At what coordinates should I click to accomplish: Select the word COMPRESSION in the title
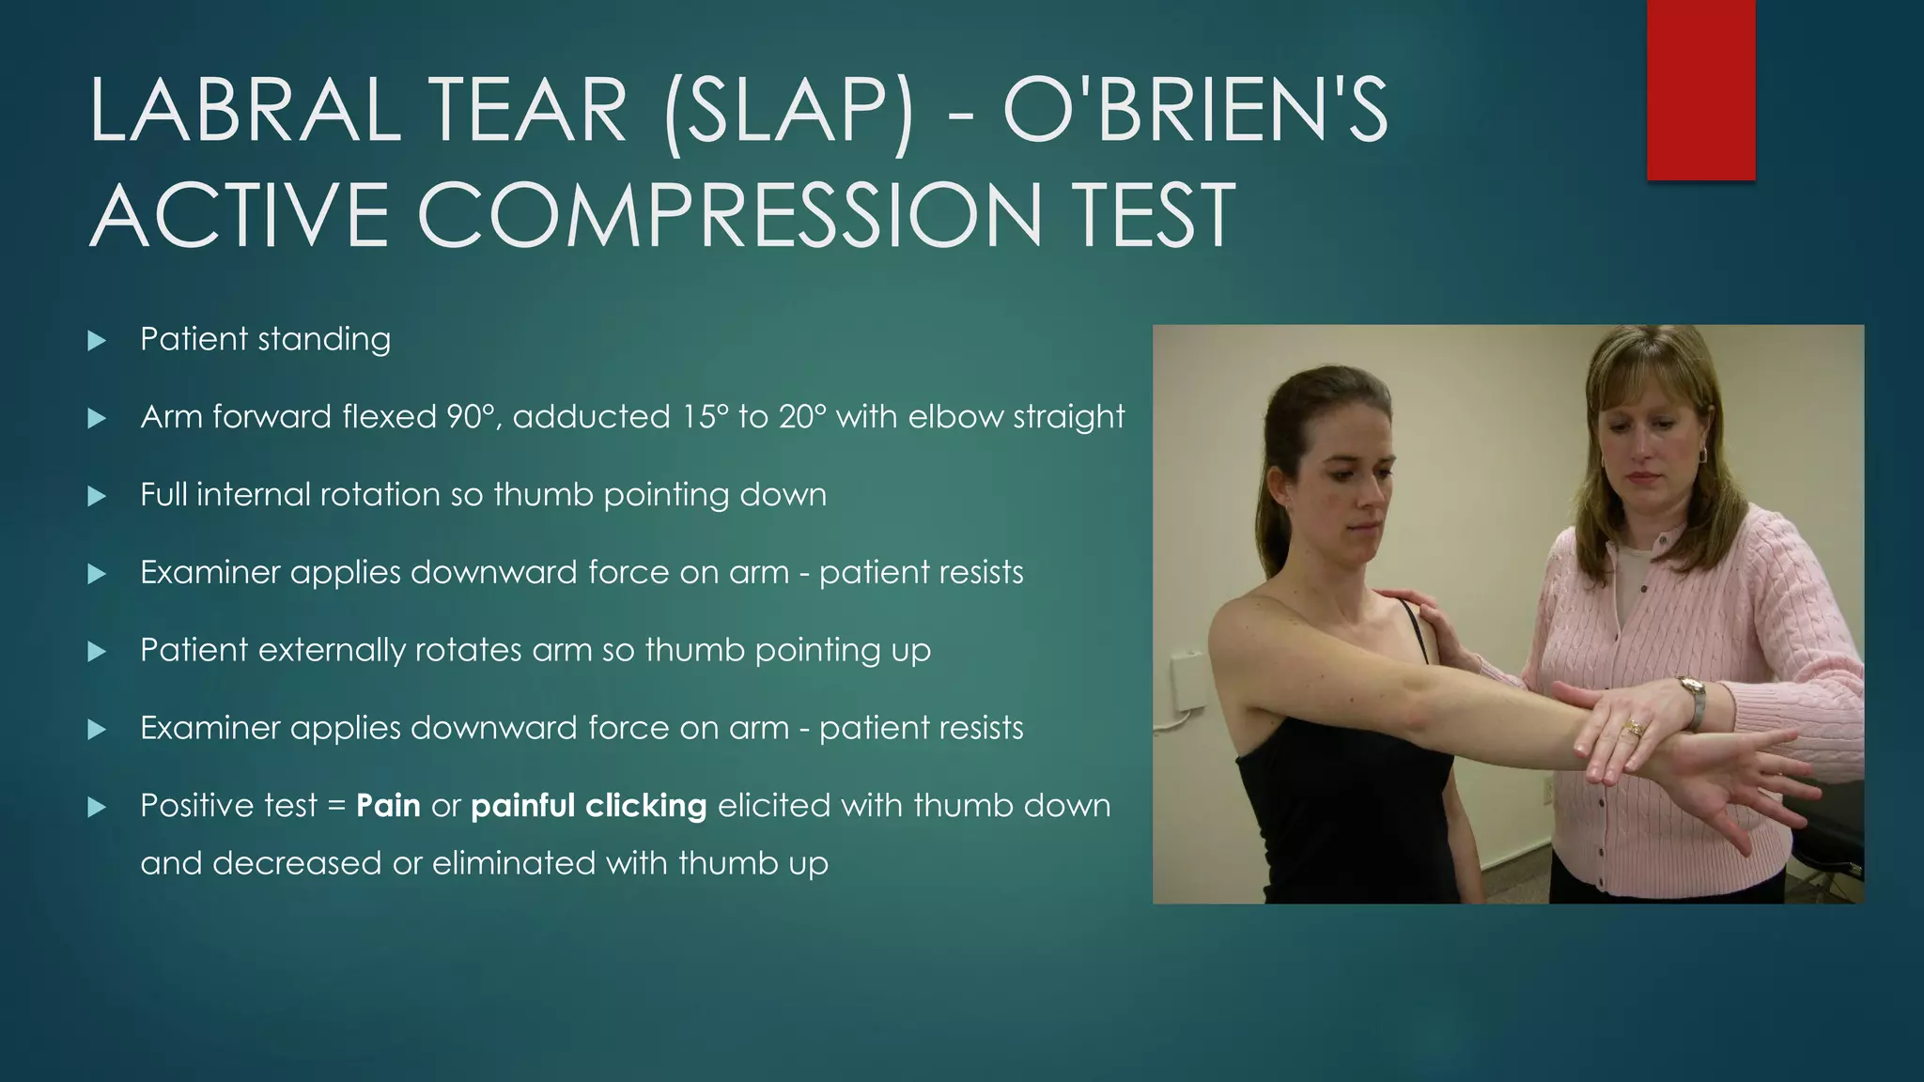pyautogui.click(x=729, y=216)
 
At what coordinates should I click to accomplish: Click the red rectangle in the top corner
pyautogui.click(x=1700, y=89)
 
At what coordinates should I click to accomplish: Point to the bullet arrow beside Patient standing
pyautogui.click(x=97, y=340)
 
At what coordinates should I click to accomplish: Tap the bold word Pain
pyautogui.click(x=388, y=806)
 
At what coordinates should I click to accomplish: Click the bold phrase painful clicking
pyautogui.click(x=588, y=806)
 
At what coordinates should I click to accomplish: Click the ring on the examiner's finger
pyautogui.click(x=1635, y=727)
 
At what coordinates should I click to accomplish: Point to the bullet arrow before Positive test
pyautogui.click(x=97, y=807)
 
